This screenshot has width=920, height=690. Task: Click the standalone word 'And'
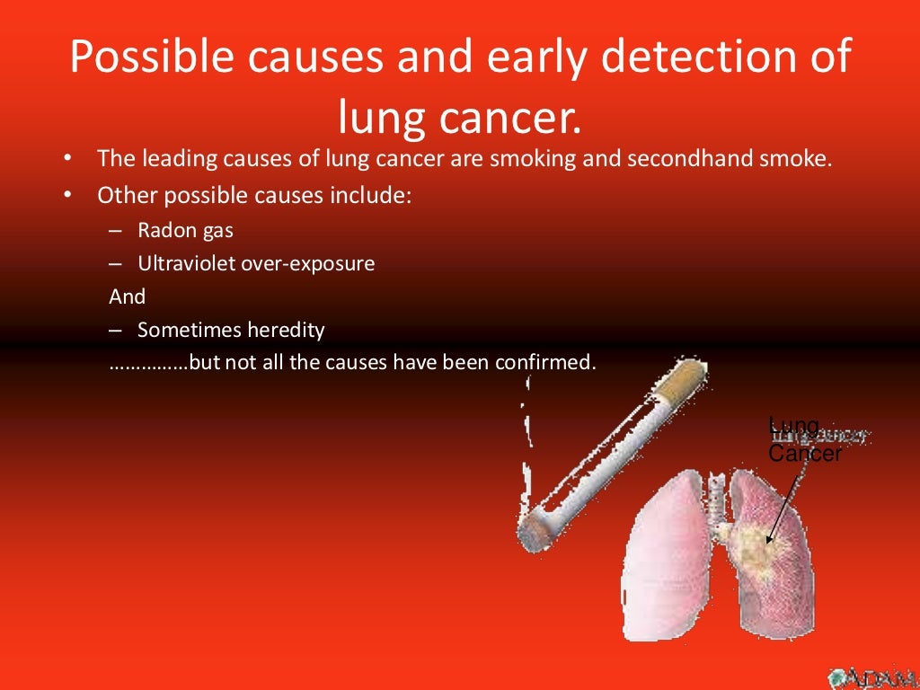(x=127, y=296)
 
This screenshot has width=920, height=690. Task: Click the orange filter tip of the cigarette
(x=680, y=381)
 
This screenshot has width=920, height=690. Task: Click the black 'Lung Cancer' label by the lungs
(x=804, y=440)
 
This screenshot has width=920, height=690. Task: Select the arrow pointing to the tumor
(x=781, y=502)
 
